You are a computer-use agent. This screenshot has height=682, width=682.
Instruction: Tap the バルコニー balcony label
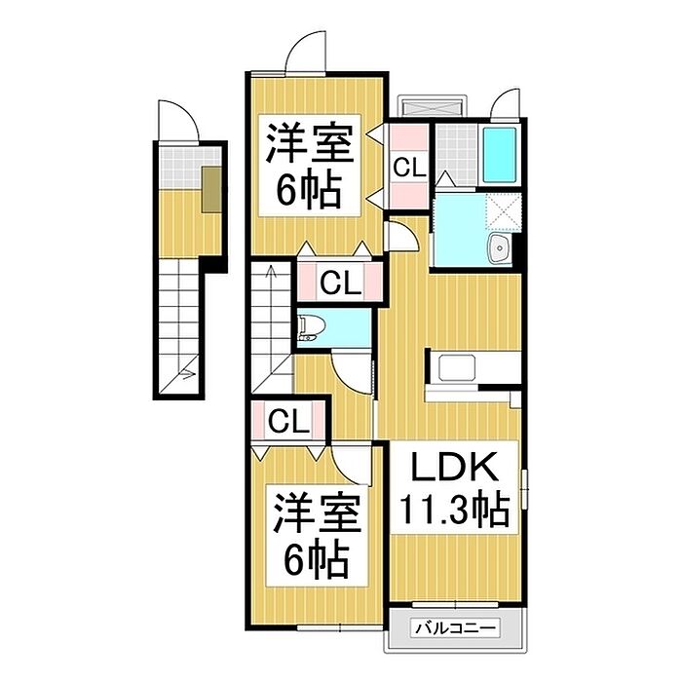point(455,628)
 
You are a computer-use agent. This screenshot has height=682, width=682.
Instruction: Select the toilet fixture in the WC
point(312,328)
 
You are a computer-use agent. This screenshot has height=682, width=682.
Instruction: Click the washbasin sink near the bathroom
point(500,248)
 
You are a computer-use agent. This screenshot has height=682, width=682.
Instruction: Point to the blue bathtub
point(500,155)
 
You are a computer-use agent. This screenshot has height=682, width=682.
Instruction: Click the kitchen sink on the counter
point(457,367)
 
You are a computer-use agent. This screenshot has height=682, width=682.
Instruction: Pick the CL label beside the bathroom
point(409,168)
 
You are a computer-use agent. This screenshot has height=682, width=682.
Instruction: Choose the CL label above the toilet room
point(341,284)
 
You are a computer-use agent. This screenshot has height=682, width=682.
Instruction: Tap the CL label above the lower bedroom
point(288,422)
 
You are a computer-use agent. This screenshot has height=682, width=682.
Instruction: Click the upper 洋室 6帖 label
point(310,166)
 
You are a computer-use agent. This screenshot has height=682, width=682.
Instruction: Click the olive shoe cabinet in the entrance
point(211,189)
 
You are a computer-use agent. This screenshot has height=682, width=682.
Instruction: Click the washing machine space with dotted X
point(503,211)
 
